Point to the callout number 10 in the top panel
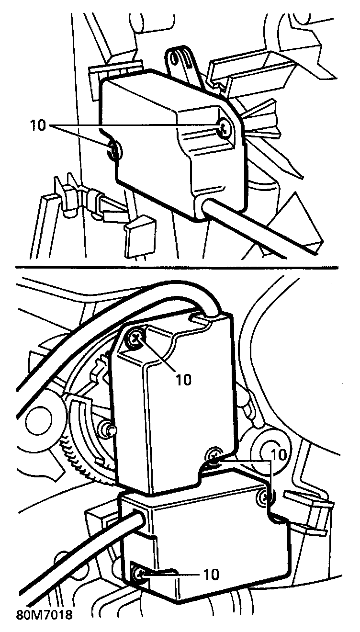[38, 125]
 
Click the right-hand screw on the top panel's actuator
[225, 127]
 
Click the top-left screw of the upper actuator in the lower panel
[135, 339]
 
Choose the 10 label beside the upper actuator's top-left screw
[183, 379]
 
